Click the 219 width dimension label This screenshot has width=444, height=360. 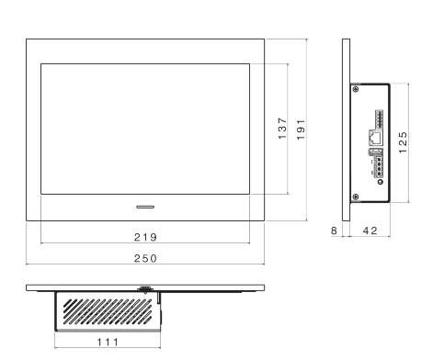click(x=145, y=237)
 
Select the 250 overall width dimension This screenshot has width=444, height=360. click(x=145, y=258)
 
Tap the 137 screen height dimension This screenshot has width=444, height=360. click(x=282, y=129)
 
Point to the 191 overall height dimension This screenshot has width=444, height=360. click(x=301, y=129)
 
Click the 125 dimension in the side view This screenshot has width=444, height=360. click(x=403, y=142)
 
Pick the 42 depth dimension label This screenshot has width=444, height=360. click(x=370, y=231)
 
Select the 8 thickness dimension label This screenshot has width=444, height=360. click(x=334, y=231)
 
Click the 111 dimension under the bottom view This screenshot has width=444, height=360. click(x=108, y=342)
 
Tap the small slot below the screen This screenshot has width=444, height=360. click(x=145, y=207)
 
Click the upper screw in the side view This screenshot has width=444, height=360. click(x=356, y=89)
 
